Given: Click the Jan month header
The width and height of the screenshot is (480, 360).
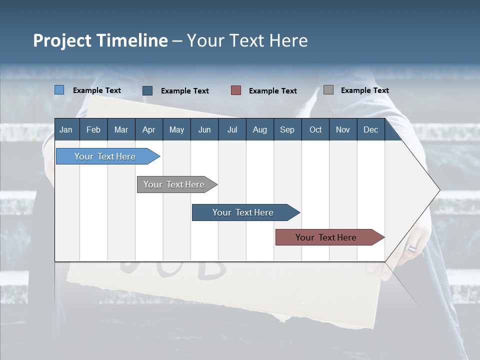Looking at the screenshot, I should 66,129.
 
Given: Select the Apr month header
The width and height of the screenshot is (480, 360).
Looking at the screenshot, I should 149,129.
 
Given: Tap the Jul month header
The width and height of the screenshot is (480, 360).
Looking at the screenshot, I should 232,129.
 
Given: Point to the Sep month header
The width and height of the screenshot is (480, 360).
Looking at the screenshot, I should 287,129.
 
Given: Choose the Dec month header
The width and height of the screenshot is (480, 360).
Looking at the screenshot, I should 370,129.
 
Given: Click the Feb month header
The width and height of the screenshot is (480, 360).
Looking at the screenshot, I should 93,129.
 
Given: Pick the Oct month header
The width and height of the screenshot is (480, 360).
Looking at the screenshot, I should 315,129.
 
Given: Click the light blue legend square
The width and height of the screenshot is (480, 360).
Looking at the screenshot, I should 59,90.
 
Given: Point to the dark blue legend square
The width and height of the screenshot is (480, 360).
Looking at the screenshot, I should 147,90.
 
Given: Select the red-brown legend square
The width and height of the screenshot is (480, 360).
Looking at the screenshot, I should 236,90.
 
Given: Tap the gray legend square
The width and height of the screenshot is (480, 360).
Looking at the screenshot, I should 328,90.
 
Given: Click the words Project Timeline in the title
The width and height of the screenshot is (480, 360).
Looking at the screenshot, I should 100,40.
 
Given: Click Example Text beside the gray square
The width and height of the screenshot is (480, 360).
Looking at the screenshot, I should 364,90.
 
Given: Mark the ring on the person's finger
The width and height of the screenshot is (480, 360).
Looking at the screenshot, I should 411,248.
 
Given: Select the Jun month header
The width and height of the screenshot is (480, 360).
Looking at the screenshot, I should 204,129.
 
